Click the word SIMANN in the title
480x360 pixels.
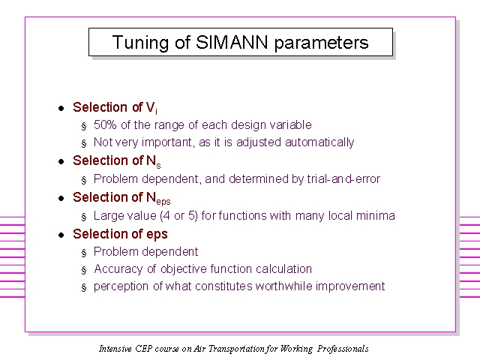(232, 42)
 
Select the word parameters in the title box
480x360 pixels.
(321, 43)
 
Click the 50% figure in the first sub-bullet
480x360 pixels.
(105, 125)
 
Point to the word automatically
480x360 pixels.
(319, 142)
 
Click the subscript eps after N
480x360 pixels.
(163, 202)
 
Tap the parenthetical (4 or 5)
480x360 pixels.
(178, 216)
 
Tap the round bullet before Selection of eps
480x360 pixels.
(61, 235)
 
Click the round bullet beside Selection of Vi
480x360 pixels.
(61, 108)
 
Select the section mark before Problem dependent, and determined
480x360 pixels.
(84, 180)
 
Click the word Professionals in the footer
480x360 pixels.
(343, 349)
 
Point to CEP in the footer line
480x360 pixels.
(143, 349)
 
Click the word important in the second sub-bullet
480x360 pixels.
(167, 142)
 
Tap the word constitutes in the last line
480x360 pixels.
(223, 286)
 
